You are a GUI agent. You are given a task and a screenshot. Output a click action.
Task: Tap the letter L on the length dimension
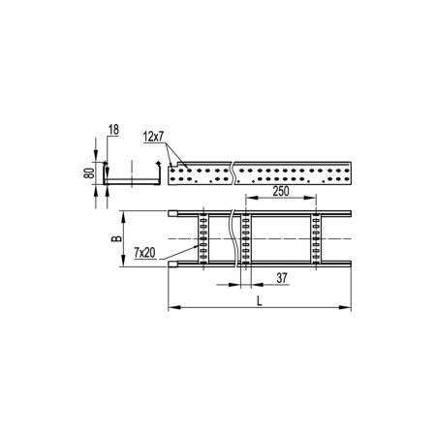point(261,300)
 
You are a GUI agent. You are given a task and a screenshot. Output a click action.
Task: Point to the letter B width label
point(115,237)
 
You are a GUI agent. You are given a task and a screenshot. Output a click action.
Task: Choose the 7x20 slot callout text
point(146,252)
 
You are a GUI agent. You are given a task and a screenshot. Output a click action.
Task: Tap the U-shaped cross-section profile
point(130,184)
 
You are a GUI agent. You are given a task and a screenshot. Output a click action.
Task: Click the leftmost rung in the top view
point(202,237)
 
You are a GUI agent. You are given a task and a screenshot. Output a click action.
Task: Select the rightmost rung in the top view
point(316,237)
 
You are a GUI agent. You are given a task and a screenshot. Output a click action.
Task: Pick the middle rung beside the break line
point(247,237)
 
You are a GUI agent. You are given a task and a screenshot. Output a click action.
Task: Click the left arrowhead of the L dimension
point(172,309)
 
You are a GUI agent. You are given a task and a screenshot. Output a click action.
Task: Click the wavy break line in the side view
point(234,174)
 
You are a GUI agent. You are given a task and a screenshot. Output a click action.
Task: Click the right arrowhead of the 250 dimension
point(314,202)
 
